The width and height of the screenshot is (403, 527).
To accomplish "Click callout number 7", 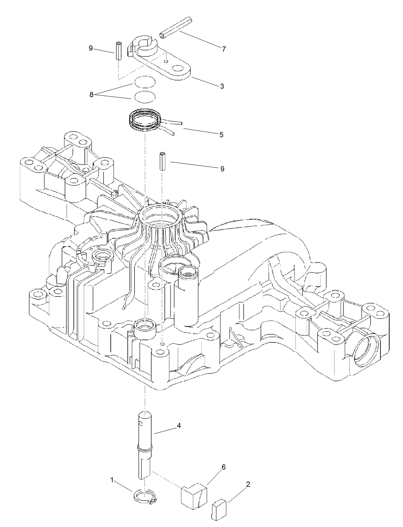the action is tap(223, 49).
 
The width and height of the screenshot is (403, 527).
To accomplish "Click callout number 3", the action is tap(222, 86).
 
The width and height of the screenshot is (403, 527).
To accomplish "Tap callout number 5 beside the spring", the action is tap(222, 134).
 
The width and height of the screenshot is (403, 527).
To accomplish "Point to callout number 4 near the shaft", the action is tap(179, 426).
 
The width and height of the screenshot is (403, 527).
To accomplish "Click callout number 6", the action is tap(223, 467).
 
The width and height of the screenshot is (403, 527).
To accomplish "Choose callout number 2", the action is tap(248, 484).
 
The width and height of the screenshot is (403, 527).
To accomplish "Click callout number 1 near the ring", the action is tap(112, 480).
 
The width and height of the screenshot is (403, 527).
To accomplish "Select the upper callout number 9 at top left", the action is tap(91, 48).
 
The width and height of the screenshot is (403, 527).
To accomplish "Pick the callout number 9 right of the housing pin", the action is tap(222, 168).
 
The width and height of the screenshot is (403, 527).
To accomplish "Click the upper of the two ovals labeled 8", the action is tap(145, 82).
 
